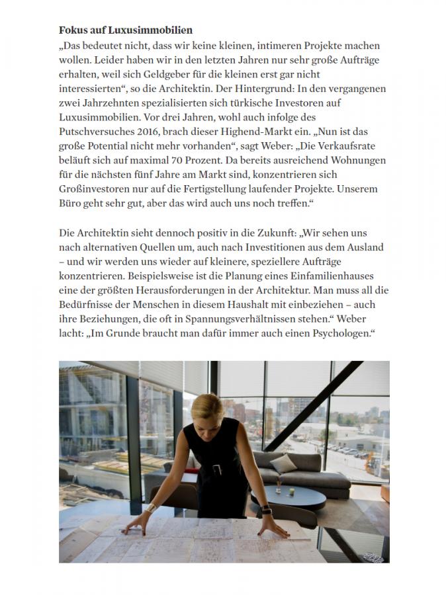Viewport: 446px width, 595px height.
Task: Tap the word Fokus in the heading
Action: point(72,30)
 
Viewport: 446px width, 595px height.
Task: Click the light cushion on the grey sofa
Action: point(284,463)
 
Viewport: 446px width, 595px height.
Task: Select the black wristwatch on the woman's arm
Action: point(264,510)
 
